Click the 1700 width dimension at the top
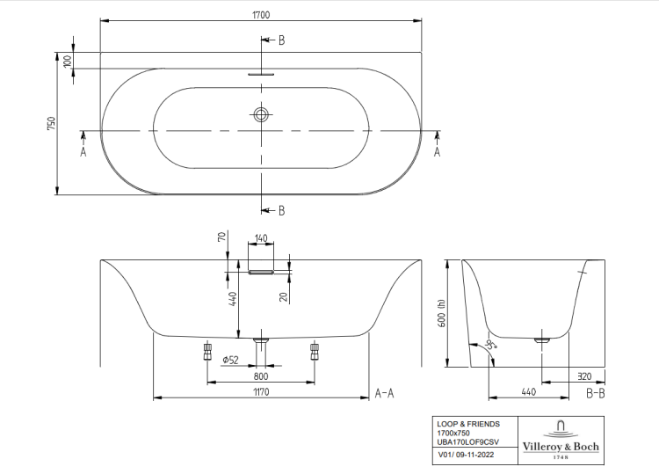coord(261,13)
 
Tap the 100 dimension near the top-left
coord(68,62)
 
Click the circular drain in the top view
coord(261,113)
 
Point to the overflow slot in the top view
coord(261,74)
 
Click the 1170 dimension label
coord(260,390)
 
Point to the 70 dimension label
coord(223,237)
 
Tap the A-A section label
coord(384,392)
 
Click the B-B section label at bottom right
coord(595,392)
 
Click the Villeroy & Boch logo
coord(561,439)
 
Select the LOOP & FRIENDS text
coord(468,423)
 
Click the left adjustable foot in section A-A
coord(207,351)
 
